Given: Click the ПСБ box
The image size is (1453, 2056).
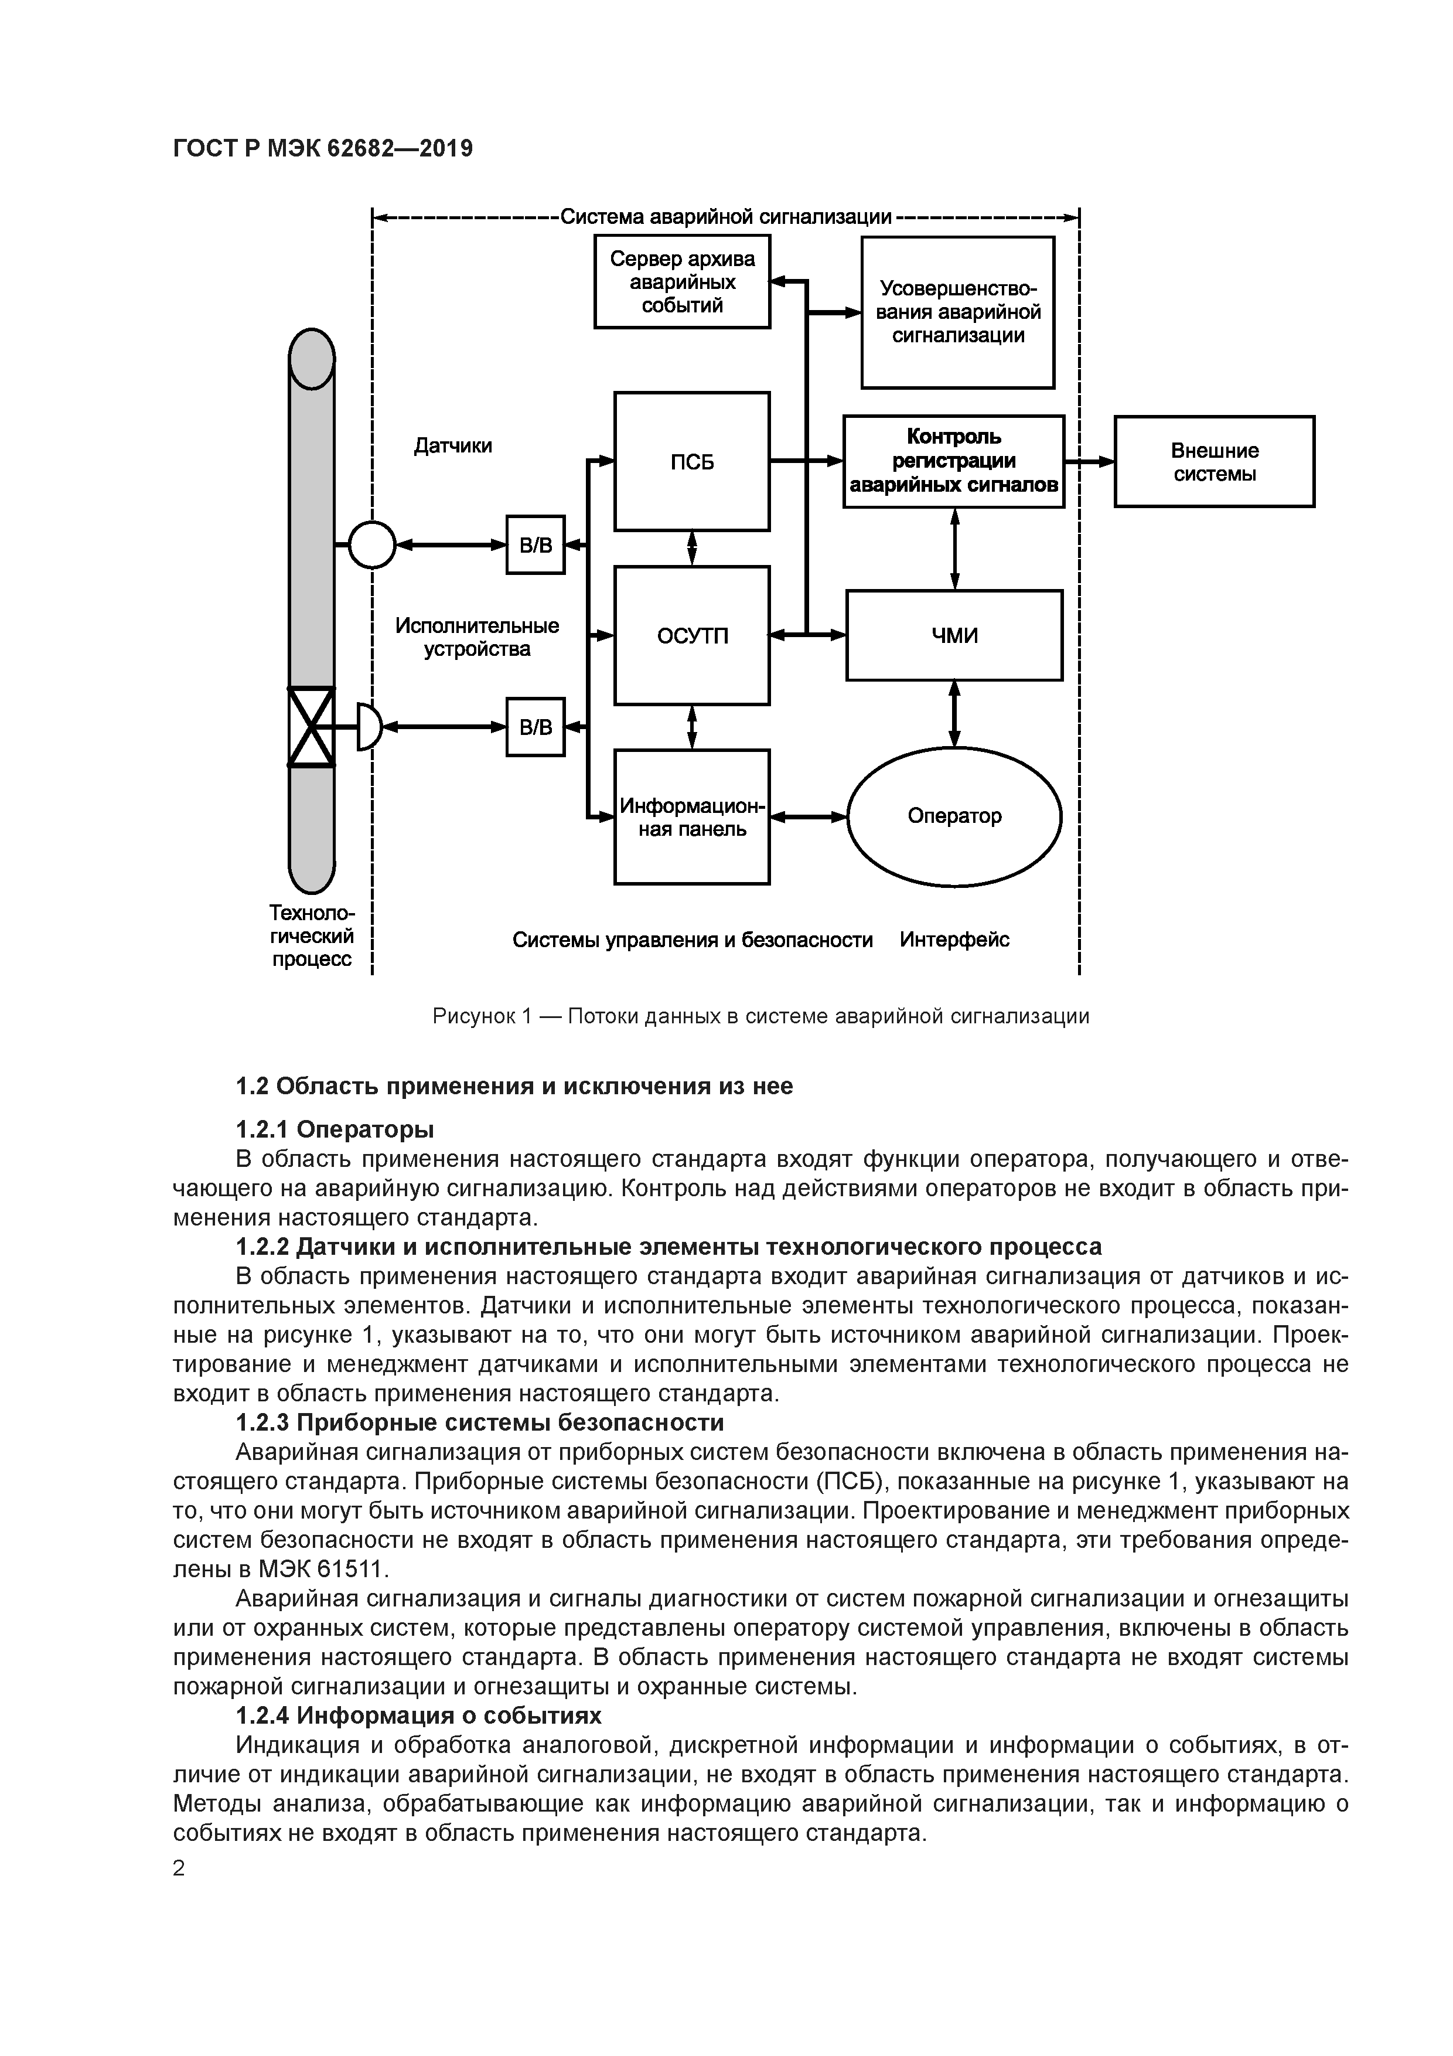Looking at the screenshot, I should [x=691, y=461].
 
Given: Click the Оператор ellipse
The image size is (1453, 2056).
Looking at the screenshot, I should [x=954, y=816].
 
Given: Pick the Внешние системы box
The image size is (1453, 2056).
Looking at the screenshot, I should [x=1214, y=461].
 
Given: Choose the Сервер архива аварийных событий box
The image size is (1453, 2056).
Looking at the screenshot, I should [x=682, y=282].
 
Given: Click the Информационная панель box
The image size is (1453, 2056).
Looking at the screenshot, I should [x=691, y=816].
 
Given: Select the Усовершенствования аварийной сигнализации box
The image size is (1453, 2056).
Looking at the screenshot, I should [x=958, y=312].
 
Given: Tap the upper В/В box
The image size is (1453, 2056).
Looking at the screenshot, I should [x=536, y=544].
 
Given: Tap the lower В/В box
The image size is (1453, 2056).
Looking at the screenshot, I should [x=536, y=726].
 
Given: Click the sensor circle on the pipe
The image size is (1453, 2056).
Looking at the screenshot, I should [x=371, y=544].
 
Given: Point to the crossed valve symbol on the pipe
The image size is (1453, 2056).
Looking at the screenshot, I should [x=311, y=726].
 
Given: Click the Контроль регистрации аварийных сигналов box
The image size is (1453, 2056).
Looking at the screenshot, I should [x=954, y=461].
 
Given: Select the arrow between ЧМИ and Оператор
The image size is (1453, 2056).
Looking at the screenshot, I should [x=954, y=714].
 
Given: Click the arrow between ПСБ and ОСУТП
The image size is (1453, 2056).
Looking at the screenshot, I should [x=692, y=548].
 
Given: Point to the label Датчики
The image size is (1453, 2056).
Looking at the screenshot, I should [x=453, y=445].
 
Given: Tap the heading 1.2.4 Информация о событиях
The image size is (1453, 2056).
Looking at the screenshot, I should [x=418, y=1715].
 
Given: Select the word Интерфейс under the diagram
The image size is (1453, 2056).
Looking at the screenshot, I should [x=954, y=940].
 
